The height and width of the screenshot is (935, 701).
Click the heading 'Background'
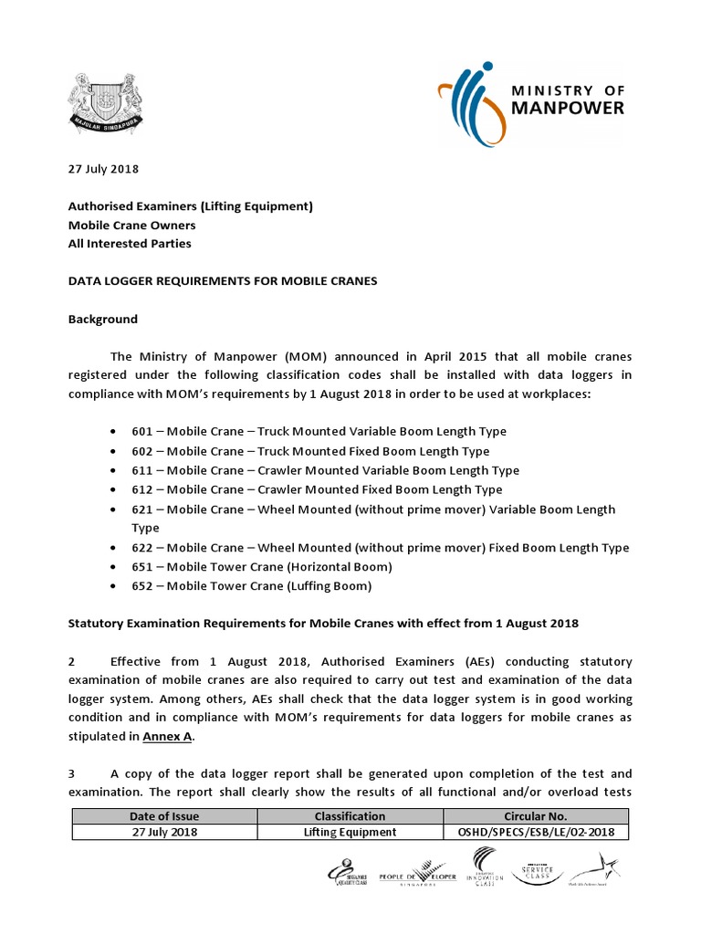pyautogui.click(x=103, y=319)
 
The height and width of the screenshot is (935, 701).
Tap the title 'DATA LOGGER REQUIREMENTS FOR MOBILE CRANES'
pyautogui.click(x=223, y=281)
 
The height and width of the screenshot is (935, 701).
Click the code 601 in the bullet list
pyautogui.click(x=142, y=431)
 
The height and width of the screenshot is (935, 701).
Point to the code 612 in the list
pyautogui.click(x=142, y=490)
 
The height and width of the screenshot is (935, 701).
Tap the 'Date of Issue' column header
pyautogui.click(x=164, y=816)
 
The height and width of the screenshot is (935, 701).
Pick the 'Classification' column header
pyautogui.click(x=350, y=816)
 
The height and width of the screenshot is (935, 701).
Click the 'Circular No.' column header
pyautogui.click(x=535, y=816)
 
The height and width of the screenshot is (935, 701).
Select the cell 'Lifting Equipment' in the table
pyautogui.click(x=350, y=832)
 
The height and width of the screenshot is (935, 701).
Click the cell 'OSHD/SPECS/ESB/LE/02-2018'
pyautogui.click(x=535, y=832)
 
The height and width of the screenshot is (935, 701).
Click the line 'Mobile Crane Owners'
pyautogui.click(x=131, y=225)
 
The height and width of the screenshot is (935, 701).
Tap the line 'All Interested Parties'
pyautogui.click(x=130, y=244)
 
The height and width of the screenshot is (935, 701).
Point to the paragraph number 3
pyautogui.click(x=72, y=772)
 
